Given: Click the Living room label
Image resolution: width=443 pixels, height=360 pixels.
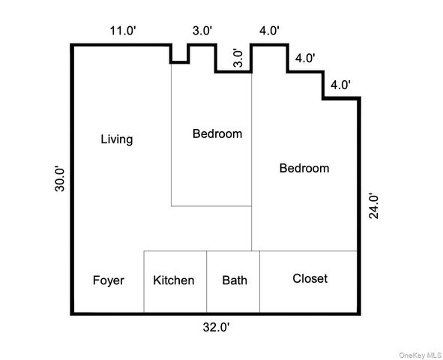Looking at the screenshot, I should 117,139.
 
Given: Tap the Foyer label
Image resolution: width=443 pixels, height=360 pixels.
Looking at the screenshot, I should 108,280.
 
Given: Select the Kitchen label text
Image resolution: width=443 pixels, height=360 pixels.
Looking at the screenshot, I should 174,280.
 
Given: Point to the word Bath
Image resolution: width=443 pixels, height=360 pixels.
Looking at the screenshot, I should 235,280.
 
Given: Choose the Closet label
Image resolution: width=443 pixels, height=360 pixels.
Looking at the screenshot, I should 310,278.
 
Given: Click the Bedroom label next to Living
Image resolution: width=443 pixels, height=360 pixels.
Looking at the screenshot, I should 217,134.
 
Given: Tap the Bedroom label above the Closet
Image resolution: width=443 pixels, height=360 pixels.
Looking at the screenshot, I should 304,168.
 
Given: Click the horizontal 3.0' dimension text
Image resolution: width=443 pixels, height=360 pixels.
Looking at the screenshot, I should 202,31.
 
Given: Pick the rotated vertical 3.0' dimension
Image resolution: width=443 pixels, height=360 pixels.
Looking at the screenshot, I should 238,58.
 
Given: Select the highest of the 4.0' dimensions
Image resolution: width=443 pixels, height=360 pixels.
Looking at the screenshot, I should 269,31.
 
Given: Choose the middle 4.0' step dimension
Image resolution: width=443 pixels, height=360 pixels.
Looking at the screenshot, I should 305,58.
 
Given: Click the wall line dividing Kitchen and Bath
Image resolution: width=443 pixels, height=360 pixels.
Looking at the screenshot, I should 207,281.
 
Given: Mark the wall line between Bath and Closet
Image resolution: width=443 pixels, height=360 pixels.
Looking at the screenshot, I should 260,281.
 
